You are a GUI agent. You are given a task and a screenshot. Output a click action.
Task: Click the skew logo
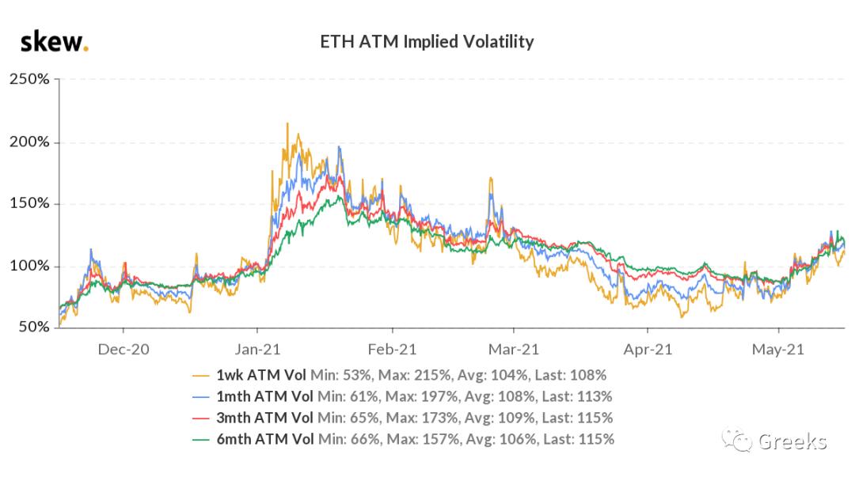[x=54, y=41]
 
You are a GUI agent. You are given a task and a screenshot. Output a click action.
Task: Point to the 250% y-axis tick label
[x=28, y=80]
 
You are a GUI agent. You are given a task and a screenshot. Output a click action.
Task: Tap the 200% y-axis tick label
[x=28, y=142]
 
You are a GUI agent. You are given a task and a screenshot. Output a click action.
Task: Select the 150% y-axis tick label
[x=28, y=204]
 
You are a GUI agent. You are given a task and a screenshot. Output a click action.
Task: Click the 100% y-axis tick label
[x=28, y=266]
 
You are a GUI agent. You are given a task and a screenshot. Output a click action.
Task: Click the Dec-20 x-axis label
[x=123, y=349]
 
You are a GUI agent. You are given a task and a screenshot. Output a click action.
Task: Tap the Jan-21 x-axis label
[x=257, y=349]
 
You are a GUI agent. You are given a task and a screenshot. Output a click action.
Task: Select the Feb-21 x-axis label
[x=392, y=349]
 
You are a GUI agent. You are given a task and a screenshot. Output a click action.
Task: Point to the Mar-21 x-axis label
[x=514, y=349]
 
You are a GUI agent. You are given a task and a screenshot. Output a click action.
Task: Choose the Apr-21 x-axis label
[x=648, y=349]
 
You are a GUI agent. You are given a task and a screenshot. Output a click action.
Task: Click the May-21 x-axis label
[x=779, y=349]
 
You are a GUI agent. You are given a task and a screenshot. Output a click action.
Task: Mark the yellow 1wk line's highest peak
[x=287, y=123]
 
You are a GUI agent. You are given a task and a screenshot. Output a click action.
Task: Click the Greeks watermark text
[x=792, y=441]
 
